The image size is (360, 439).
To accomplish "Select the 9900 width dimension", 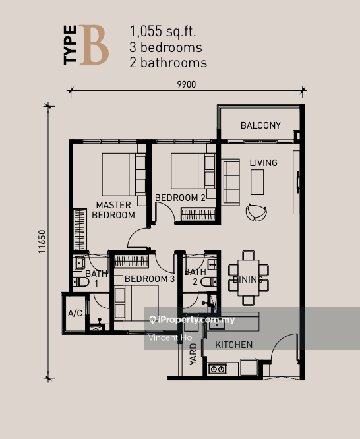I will [186, 84].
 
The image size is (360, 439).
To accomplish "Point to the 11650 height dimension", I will [42, 241].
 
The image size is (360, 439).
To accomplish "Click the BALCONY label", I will [260, 125].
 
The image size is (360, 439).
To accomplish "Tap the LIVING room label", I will [263, 163].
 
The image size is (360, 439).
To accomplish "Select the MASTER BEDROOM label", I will [113, 210].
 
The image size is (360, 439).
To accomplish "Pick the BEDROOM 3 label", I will [150, 279].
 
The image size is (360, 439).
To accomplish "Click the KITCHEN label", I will [233, 345].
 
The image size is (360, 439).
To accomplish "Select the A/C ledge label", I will [75, 314].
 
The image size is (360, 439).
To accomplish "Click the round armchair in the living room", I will [255, 212].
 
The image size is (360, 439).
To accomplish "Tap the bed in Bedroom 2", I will [188, 170].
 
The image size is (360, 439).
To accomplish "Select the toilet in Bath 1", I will [80, 281].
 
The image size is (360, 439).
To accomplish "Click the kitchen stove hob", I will [218, 368].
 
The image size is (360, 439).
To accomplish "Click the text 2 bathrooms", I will [169, 63].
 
